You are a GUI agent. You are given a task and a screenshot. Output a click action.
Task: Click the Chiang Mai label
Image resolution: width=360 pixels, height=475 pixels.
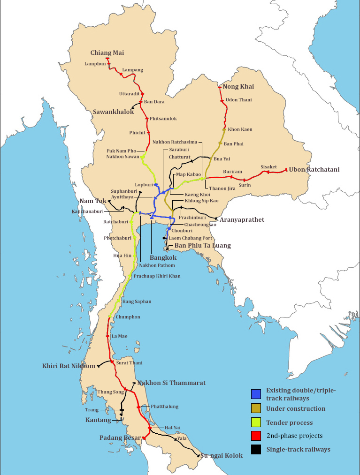(x=107, y=53)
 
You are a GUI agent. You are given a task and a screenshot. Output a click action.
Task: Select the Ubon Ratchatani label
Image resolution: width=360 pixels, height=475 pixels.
(x=314, y=169)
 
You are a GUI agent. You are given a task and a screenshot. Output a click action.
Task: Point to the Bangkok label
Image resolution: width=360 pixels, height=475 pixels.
(x=163, y=257)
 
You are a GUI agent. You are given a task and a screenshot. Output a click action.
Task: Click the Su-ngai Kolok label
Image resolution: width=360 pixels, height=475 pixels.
(x=222, y=455)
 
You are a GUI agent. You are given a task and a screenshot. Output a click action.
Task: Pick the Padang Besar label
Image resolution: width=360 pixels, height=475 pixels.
(x=120, y=438)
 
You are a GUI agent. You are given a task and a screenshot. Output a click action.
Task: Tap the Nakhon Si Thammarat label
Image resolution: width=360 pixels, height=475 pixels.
(x=171, y=383)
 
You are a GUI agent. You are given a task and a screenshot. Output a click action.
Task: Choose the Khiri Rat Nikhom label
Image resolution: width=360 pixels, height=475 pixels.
(x=69, y=366)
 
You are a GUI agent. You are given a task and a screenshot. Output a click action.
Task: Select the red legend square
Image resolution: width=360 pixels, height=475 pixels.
(x=256, y=437)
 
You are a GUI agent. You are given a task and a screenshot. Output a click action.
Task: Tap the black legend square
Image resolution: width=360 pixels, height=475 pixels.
(x=256, y=450)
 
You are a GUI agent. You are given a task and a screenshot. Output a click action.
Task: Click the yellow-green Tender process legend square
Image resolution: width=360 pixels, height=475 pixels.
(x=256, y=423)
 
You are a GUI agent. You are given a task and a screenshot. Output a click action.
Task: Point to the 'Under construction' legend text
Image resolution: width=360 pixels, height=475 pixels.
(x=295, y=408)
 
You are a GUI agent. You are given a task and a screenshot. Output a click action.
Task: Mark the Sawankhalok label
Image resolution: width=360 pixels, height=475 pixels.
(x=113, y=112)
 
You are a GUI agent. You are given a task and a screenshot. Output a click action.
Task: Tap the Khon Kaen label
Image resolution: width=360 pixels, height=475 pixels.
(x=240, y=129)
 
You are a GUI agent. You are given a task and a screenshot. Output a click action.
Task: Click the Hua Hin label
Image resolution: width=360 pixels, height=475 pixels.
(x=123, y=256)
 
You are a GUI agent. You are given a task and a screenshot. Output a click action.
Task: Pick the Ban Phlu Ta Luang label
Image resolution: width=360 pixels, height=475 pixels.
(x=203, y=246)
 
